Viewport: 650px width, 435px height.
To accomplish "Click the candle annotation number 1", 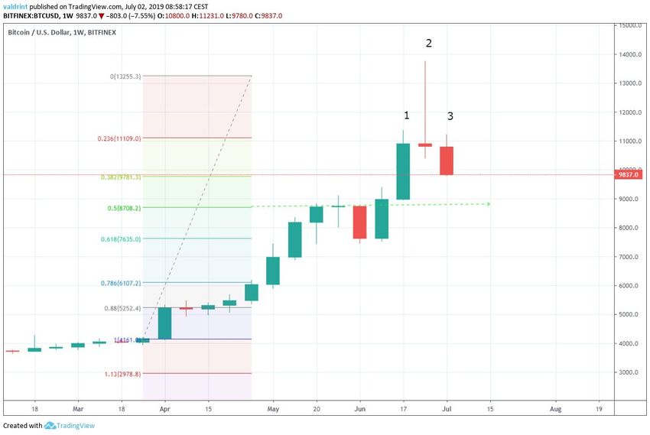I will click(x=407, y=115).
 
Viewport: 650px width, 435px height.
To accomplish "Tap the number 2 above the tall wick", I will click(x=429, y=44).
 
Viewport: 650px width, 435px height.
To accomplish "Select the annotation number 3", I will click(x=450, y=116).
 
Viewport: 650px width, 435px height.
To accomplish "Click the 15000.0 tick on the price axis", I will click(x=631, y=26).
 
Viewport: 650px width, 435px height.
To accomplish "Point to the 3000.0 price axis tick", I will click(x=629, y=372).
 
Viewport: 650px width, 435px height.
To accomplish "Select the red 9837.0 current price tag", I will click(x=631, y=174).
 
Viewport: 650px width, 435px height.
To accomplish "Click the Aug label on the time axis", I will click(x=556, y=409).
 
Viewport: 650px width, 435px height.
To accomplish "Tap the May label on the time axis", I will click(x=273, y=409).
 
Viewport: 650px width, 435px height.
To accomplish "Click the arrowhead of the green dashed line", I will click(x=487, y=204).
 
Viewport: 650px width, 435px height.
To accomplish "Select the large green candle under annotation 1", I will click(x=403, y=171).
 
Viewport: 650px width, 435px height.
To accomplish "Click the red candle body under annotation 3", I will click(x=447, y=161).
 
